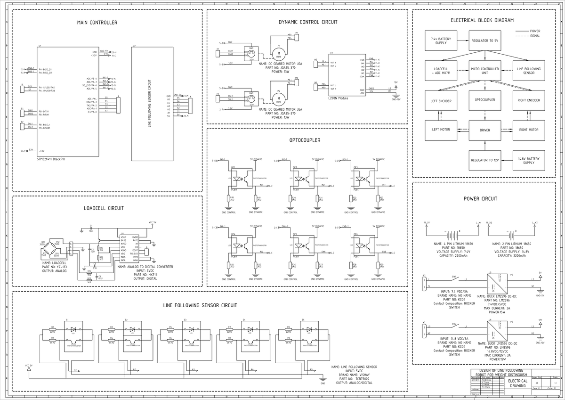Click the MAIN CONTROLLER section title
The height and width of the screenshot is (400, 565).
pos(97,23)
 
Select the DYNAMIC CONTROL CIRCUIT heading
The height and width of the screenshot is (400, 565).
pos(308,22)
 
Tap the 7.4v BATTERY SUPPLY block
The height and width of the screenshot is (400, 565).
pos(441,41)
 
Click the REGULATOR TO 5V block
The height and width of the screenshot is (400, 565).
pos(485,41)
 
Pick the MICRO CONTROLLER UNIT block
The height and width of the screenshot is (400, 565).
pos(485,71)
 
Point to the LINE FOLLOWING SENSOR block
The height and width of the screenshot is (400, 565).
pos(528,71)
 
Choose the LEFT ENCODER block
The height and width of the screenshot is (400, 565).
pos(441,100)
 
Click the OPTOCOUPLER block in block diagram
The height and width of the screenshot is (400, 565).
pos(485,100)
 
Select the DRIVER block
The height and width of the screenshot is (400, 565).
pos(485,130)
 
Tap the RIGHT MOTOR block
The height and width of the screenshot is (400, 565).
pos(528,130)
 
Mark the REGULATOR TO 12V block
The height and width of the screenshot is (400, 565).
pos(485,160)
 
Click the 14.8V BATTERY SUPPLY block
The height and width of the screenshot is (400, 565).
pos(528,160)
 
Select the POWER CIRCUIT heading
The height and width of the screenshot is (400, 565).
pos(480,199)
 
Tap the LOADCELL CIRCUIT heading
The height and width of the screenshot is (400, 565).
pos(104,208)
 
